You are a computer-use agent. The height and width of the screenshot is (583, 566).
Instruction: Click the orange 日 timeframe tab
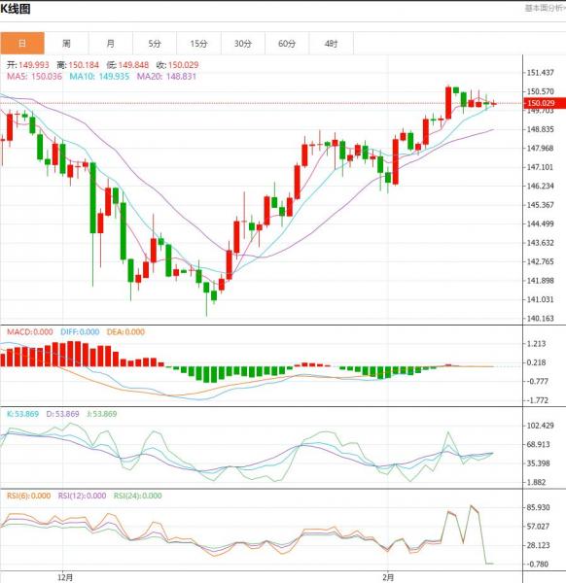tap(22, 44)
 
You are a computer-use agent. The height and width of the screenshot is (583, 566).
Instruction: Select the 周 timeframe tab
tap(66, 44)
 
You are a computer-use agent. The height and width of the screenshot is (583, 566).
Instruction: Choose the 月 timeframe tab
tap(111, 44)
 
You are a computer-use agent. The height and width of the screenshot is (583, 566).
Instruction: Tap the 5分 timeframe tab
tap(155, 44)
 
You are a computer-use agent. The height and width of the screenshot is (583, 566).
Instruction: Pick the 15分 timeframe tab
tap(198, 44)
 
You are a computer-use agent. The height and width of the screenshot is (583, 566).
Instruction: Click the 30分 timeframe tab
tap(243, 44)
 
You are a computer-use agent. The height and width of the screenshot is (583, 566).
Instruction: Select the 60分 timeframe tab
tap(287, 44)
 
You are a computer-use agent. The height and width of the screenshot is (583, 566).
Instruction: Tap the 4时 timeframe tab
tap(332, 44)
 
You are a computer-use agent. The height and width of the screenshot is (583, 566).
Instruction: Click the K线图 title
tap(16, 9)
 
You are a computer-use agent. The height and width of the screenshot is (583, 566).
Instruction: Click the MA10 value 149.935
tap(114, 77)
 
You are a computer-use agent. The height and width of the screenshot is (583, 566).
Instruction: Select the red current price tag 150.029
tap(545, 103)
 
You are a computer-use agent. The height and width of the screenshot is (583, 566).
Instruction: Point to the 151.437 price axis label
tap(541, 73)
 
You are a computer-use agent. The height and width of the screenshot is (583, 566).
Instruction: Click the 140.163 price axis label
tap(541, 319)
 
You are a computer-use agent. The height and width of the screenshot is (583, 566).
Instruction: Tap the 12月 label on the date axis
tap(65, 577)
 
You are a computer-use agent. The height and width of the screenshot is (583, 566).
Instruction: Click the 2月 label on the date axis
tap(388, 577)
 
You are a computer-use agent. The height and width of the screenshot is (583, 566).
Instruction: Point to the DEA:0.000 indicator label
tap(125, 332)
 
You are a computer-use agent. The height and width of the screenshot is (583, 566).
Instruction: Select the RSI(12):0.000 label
tap(82, 496)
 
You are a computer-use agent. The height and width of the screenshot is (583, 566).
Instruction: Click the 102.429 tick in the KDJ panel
tap(541, 426)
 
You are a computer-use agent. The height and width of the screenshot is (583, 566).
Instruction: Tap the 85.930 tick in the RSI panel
tap(539, 507)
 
